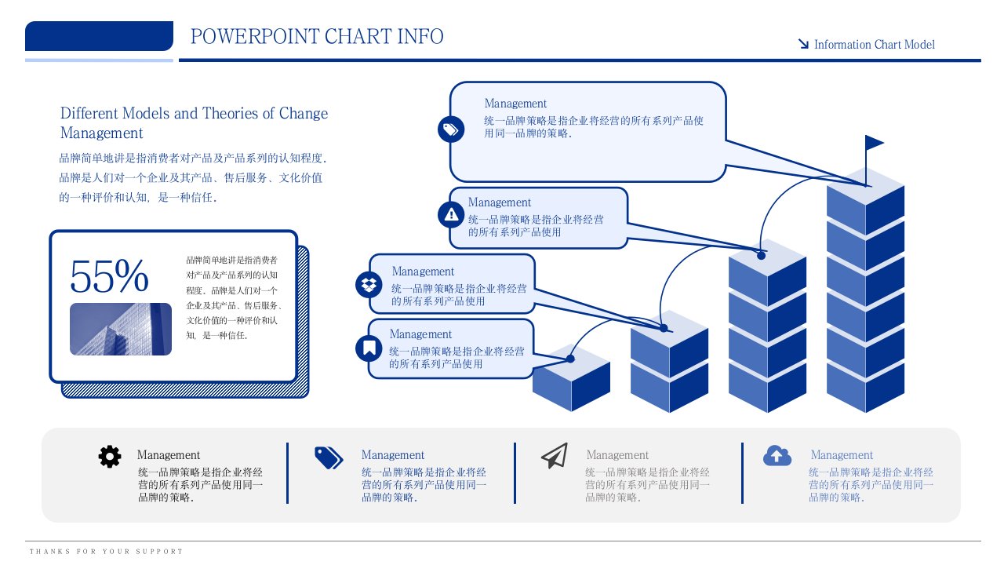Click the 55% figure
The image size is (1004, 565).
pyautogui.click(x=109, y=275)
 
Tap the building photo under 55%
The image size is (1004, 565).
pyautogui.click(x=121, y=329)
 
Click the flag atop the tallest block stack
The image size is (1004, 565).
pyautogui.click(x=873, y=144)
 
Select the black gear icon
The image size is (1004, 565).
pyautogui.click(x=110, y=456)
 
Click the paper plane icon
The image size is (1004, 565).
pyautogui.click(x=554, y=455)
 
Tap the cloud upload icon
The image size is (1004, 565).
pyautogui.click(x=777, y=455)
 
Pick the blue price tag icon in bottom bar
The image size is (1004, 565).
pyautogui.click(x=329, y=457)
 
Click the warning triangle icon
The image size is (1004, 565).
pyautogui.click(x=451, y=213)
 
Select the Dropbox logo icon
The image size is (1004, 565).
pyautogui.click(x=369, y=283)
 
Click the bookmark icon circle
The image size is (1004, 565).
pyautogui.click(x=369, y=348)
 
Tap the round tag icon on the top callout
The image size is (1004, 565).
pyautogui.click(x=451, y=129)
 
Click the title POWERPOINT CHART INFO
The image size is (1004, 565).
pyautogui.click(x=317, y=37)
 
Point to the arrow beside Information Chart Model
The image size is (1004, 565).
pyautogui.click(x=803, y=44)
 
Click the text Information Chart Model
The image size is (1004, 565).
pyautogui.click(x=874, y=45)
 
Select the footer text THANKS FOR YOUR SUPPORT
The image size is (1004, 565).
pyautogui.click(x=106, y=552)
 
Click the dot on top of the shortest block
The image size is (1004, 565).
pyautogui.click(x=570, y=359)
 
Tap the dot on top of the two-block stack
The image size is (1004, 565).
pyautogui.click(x=664, y=327)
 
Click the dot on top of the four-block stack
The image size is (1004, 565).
pyautogui.click(x=761, y=255)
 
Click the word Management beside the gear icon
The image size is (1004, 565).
pyautogui.click(x=169, y=455)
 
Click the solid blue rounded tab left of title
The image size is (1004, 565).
pyautogui.click(x=99, y=36)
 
